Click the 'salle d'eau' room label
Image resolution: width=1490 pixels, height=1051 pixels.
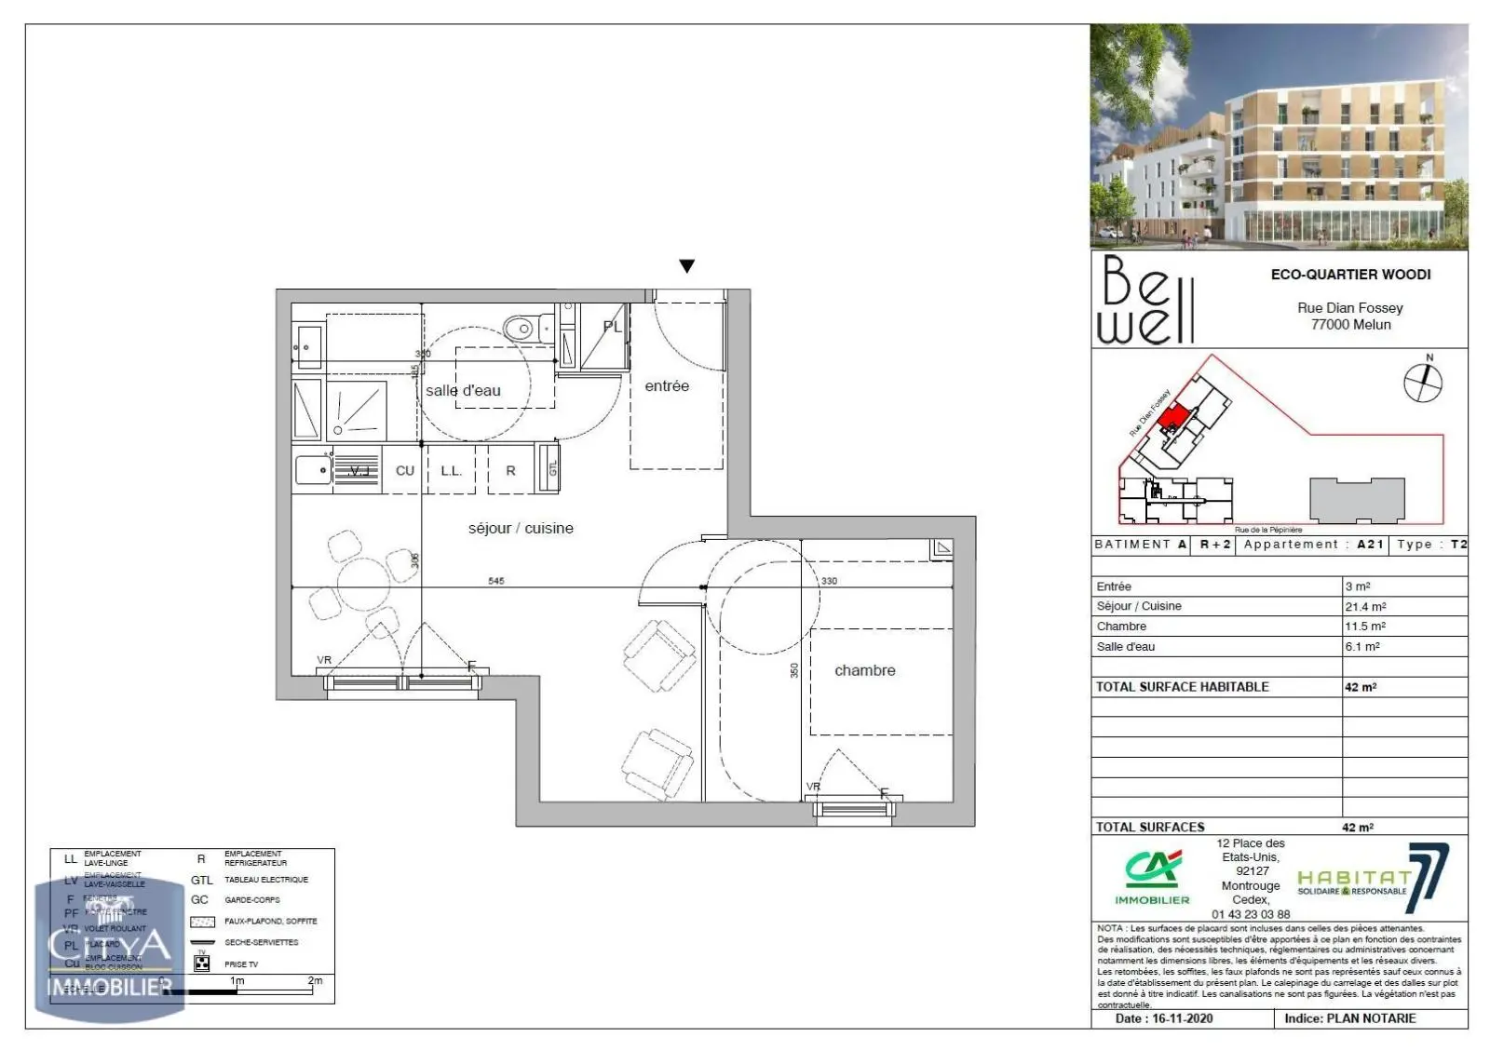[x=463, y=391]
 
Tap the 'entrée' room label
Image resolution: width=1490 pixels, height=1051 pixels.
[x=667, y=386]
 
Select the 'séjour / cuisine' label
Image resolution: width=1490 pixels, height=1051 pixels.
[x=521, y=529]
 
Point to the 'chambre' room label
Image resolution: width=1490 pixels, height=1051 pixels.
[x=864, y=670]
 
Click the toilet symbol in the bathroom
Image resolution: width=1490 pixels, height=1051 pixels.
[x=522, y=328]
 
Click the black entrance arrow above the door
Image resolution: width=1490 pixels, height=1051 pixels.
[x=687, y=266]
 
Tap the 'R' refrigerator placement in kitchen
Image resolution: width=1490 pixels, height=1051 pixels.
[x=510, y=471]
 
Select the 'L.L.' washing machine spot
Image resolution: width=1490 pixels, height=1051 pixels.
[x=451, y=471]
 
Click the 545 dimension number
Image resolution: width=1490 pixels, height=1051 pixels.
[x=496, y=581]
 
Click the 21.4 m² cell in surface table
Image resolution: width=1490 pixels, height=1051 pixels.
[x=1365, y=606]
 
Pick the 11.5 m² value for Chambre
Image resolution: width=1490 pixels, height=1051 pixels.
[x=1365, y=627]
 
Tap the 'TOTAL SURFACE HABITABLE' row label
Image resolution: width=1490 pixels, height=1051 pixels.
[x=1182, y=687]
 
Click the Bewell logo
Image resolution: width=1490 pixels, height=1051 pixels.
[x=1146, y=300]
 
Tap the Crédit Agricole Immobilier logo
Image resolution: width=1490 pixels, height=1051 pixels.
[x=1152, y=877]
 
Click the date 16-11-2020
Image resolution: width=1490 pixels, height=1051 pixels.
[x=1182, y=1018]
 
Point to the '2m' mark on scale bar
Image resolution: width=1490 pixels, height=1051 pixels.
[x=315, y=981]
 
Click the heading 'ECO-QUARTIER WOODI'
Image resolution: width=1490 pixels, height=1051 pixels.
[x=1350, y=275]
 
